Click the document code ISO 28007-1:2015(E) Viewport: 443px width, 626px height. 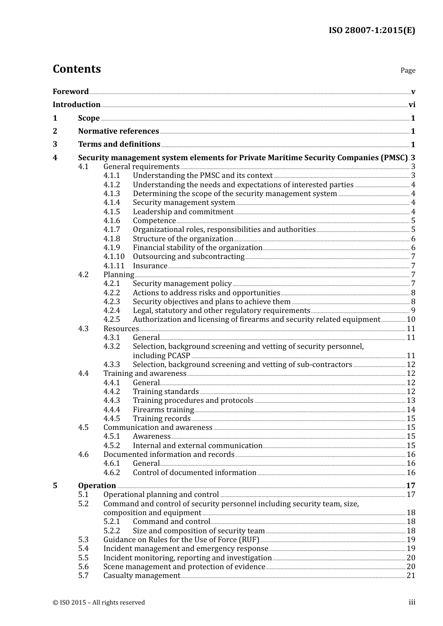click(x=372, y=30)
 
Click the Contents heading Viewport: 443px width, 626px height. click(x=76, y=69)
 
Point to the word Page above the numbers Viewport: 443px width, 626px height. click(x=408, y=70)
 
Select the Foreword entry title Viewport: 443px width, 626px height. click(x=70, y=91)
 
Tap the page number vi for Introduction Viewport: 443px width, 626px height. click(x=412, y=105)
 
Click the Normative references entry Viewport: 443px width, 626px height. click(x=118, y=131)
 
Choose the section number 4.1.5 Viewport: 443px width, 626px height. click(x=111, y=212)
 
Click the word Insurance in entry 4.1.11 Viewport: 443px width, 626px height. click(x=150, y=266)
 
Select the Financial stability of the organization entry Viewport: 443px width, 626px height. click(x=197, y=248)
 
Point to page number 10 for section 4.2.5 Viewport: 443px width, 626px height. click(x=411, y=320)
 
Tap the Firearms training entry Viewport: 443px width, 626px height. click(x=163, y=410)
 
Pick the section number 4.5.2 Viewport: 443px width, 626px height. click(x=111, y=446)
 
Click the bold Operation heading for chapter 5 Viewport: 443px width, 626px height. click(x=97, y=485)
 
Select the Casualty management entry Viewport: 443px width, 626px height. click(x=141, y=576)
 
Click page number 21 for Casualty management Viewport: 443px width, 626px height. click(x=411, y=576)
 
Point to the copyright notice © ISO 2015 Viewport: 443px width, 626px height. click(x=98, y=602)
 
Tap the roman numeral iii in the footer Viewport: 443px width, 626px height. click(x=412, y=602)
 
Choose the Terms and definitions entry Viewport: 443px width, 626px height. click(x=119, y=144)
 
